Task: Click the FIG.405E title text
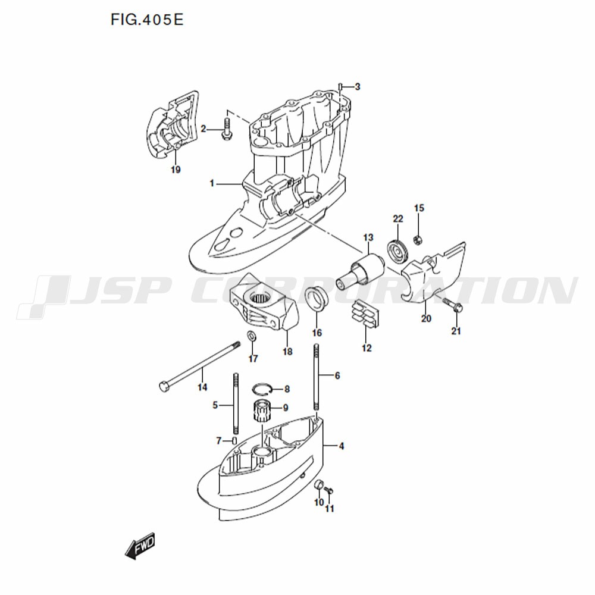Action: [x=147, y=19]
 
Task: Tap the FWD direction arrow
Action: [x=140, y=545]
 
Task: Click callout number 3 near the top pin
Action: [x=358, y=87]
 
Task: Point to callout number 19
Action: [x=176, y=170]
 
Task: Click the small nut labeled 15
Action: [x=418, y=240]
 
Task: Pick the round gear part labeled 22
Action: [x=397, y=251]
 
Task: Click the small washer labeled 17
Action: [x=252, y=336]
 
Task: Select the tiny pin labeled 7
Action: [x=234, y=440]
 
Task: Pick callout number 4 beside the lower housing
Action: [x=341, y=446]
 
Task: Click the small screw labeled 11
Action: [x=329, y=491]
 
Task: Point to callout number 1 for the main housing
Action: [x=212, y=184]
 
